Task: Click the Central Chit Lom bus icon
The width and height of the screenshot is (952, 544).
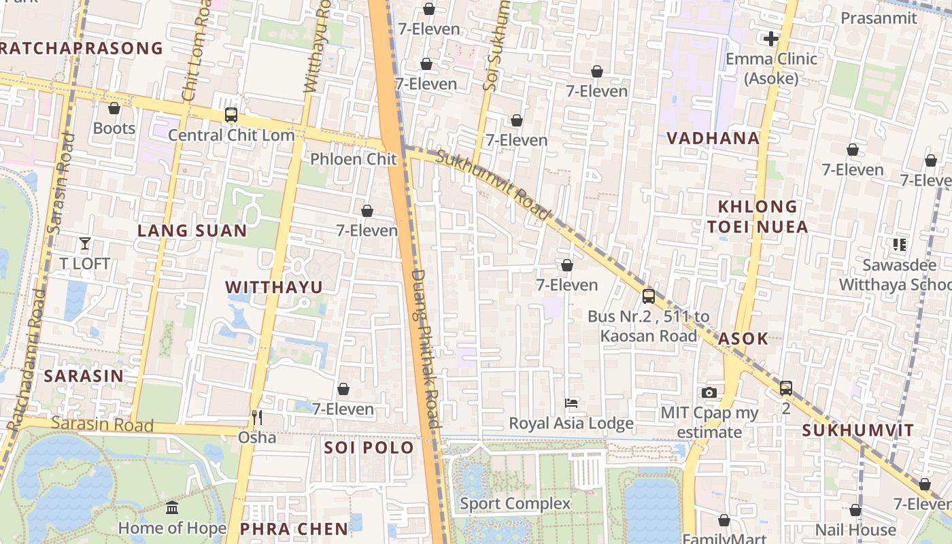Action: click(231, 115)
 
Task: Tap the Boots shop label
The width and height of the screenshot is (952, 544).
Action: click(114, 128)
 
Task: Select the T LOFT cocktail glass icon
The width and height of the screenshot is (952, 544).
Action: click(85, 243)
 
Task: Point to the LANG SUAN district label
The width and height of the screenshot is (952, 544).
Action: click(192, 231)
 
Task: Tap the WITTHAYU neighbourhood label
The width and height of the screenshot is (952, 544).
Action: click(274, 287)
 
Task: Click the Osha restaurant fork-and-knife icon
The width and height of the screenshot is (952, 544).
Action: click(257, 417)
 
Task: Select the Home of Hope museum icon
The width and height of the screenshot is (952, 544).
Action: click(172, 508)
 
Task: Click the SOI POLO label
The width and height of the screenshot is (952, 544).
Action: click(369, 447)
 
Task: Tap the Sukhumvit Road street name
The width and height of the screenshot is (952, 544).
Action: click(492, 184)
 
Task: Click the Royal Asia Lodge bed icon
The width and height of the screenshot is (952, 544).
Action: click(571, 403)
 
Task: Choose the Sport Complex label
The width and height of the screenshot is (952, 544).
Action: click(515, 504)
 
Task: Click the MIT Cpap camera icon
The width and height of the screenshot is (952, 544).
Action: click(709, 392)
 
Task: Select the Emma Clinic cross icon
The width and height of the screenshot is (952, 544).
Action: click(770, 39)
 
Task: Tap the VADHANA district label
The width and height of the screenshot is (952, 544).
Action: click(713, 138)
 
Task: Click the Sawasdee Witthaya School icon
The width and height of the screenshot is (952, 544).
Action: click(900, 244)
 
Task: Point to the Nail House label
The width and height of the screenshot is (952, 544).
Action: click(855, 530)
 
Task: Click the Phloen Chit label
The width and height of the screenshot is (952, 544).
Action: click(353, 159)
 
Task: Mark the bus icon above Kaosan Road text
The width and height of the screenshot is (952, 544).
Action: click(649, 296)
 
